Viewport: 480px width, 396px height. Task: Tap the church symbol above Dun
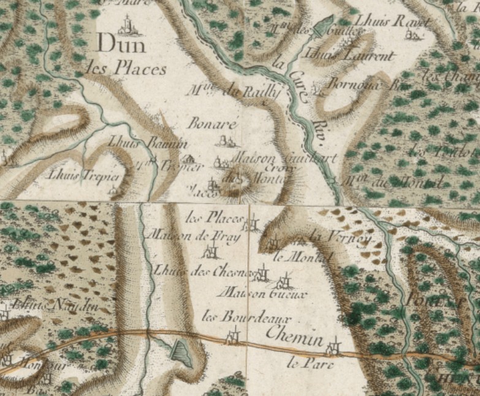(x=126, y=25)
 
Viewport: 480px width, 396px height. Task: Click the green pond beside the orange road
(x=180, y=353)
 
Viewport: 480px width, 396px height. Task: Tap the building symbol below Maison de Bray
(x=212, y=250)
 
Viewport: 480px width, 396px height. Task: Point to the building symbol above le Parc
(x=333, y=347)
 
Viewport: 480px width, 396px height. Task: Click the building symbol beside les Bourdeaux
(x=233, y=335)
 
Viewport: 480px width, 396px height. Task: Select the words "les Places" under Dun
(x=126, y=68)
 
